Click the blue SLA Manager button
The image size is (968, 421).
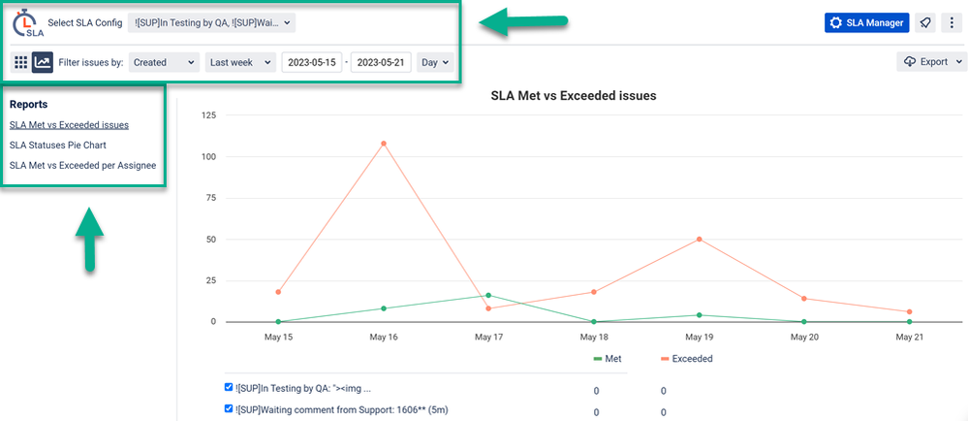(x=866, y=22)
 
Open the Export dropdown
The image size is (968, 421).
(x=932, y=62)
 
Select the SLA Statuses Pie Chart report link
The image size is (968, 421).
(x=65, y=145)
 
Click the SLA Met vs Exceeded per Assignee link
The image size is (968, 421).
(x=82, y=165)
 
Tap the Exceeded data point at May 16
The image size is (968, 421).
(x=384, y=144)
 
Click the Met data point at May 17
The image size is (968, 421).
(x=488, y=295)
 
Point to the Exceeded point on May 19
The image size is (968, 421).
(x=699, y=239)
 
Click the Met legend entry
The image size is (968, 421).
(x=608, y=359)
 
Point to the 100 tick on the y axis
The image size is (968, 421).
(x=209, y=156)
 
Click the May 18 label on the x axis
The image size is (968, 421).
(x=594, y=337)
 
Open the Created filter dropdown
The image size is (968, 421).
(x=164, y=62)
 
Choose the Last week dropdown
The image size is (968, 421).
(x=240, y=62)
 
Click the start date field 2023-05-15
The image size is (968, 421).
(x=312, y=62)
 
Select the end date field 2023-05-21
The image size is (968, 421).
(x=381, y=62)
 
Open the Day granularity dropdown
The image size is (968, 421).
(x=433, y=62)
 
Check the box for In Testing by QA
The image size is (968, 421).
(x=229, y=386)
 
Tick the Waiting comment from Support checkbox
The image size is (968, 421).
(x=229, y=408)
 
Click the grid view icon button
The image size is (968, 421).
(x=20, y=62)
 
